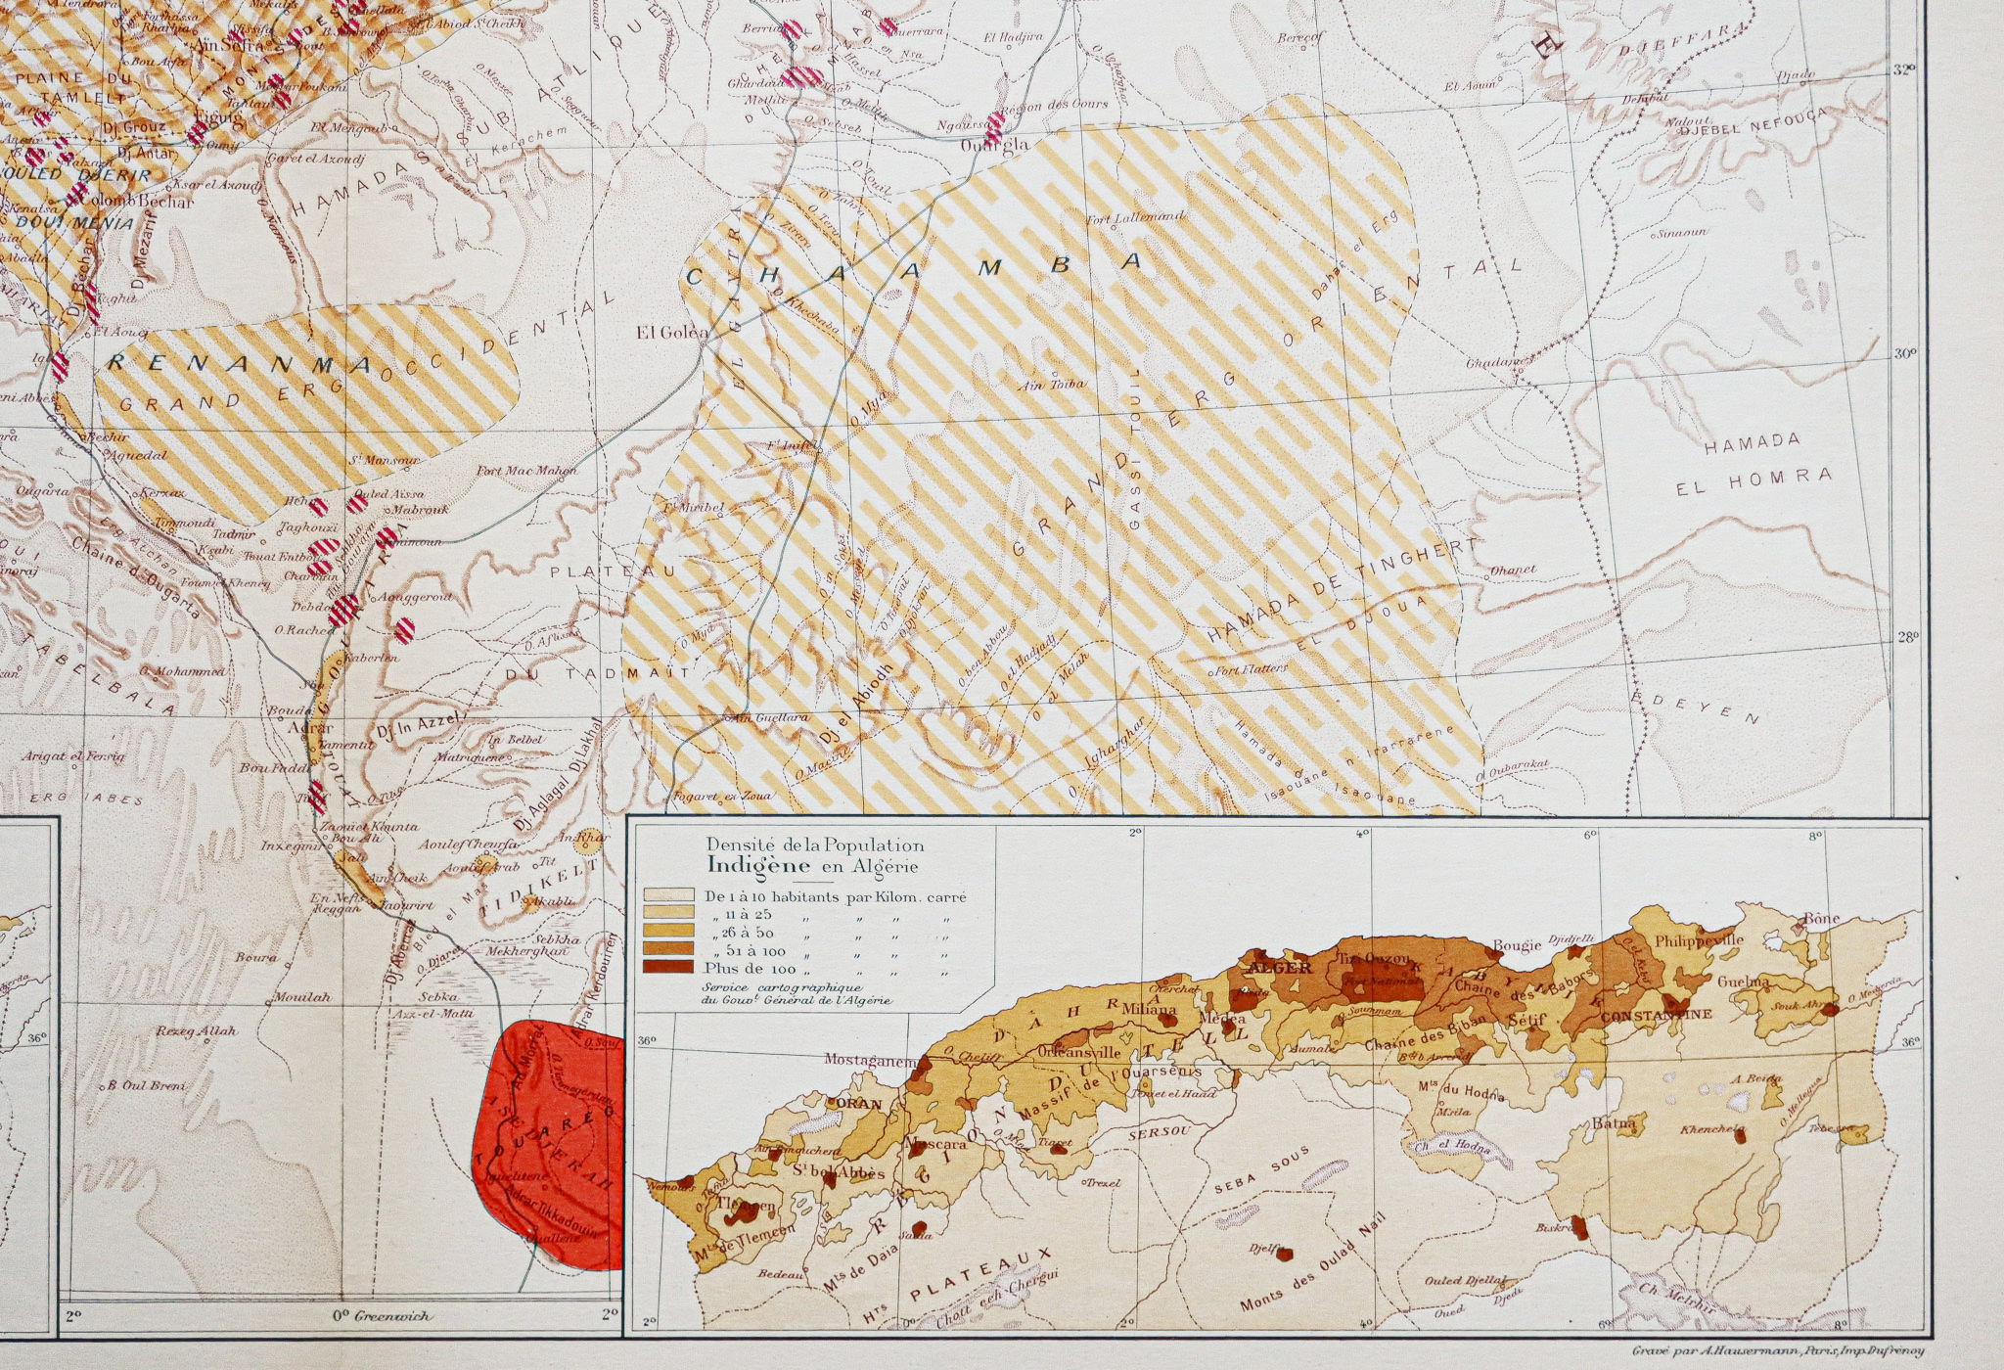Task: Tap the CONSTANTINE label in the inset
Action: (1656, 1015)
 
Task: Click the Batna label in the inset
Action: (1615, 1124)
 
